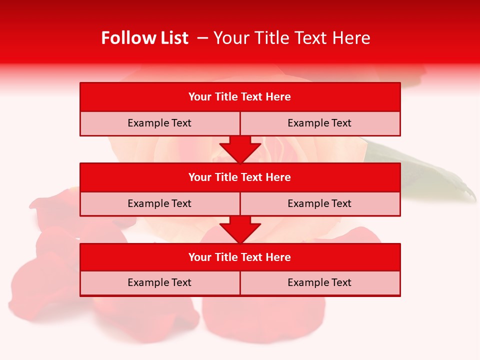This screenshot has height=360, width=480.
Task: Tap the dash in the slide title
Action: tap(202, 38)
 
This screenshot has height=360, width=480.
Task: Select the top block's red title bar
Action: tap(240, 97)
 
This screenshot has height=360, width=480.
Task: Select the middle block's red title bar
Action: tap(240, 177)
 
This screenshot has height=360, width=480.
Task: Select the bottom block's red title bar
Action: tap(240, 257)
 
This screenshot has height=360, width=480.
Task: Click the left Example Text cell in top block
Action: tap(159, 123)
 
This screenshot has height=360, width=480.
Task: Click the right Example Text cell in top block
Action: tap(319, 123)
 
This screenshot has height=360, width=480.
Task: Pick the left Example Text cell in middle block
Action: tap(159, 203)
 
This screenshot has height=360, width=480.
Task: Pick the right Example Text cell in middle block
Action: tap(319, 203)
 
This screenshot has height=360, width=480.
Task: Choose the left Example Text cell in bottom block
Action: tap(159, 282)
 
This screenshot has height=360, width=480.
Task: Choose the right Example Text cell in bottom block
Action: tap(319, 282)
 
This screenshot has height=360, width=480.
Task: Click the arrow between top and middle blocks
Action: tap(240, 149)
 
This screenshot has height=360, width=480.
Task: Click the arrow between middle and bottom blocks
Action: tap(240, 229)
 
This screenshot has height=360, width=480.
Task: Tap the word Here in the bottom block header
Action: tap(278, 257)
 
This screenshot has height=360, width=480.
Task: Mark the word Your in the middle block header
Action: tap(199, 177)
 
